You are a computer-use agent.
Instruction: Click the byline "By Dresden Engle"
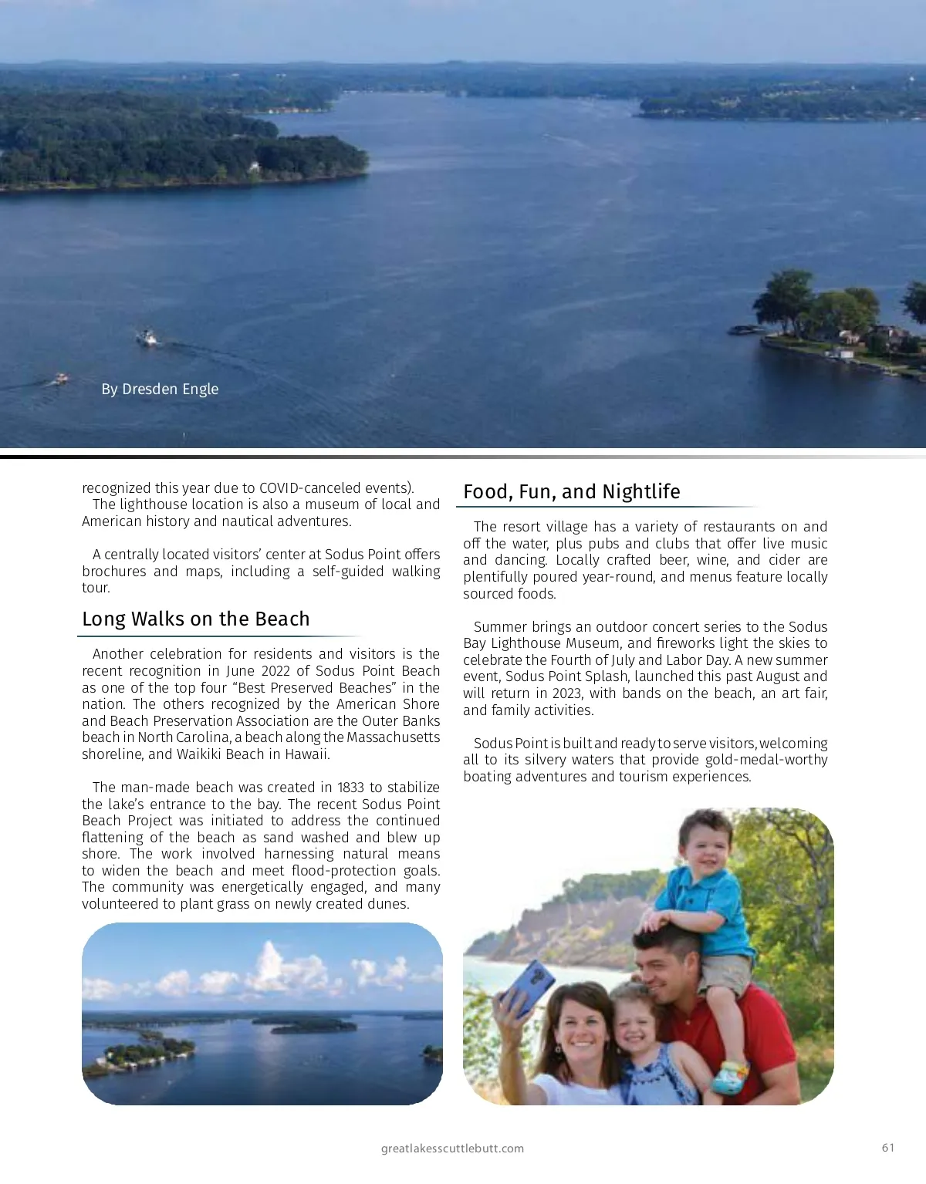tap(160, 389)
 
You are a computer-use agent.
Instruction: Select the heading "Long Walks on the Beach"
tap(196, 619)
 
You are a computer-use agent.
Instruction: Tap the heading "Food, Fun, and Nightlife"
tap(572, 492)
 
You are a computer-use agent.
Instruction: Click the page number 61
tap(888, 1148)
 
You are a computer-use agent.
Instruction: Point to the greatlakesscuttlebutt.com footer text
tap(452, 1149)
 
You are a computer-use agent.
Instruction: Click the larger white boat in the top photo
tap(147, 337)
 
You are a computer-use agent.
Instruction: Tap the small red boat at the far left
tap(60, 378)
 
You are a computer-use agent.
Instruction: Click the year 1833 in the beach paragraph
tap(351, 788)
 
